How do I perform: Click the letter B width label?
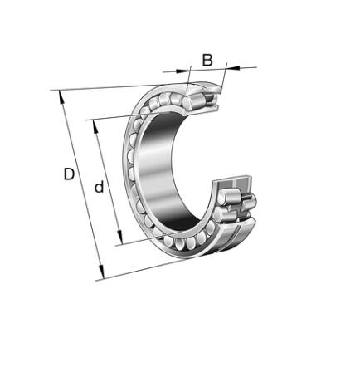[x=207, y=60]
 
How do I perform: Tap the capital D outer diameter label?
[x=69, y=174]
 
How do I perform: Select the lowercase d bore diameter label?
[x=99, y=187]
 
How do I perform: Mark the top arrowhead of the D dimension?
[x=61, y=97]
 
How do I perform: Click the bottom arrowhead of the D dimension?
[x=102, y=272]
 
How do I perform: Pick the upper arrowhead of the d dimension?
[x=95, y=127]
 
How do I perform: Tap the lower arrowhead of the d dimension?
[x=119, y=237]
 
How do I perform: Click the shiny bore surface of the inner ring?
[x=159, y=172]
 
